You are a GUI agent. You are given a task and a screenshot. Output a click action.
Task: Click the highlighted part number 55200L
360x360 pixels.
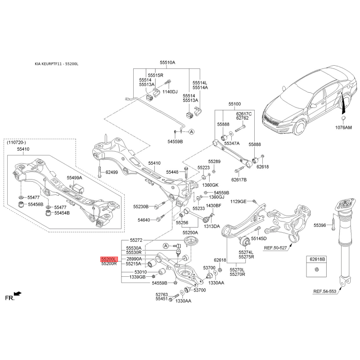(x=109, y=259)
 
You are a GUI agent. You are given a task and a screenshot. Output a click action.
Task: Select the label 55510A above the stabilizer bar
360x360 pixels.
(x=167, y=63)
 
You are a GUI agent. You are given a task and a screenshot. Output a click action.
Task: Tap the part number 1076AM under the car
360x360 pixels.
(x=343, y=127)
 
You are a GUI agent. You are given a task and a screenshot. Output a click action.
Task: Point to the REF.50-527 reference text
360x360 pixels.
(x=275, y=247)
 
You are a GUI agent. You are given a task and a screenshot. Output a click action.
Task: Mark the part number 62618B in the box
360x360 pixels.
(x=317, y=260)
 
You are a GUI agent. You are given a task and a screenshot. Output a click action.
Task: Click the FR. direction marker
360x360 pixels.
(x=9, y=298)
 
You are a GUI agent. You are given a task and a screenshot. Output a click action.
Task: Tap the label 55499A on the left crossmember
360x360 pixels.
(x=75, y=178)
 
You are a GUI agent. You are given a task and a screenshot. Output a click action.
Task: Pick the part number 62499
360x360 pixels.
(x=112, y=172)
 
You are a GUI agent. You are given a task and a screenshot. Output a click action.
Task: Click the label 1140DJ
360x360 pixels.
(x=170, y=92)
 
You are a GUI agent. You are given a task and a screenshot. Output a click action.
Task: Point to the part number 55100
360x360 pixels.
(x=234, y=104)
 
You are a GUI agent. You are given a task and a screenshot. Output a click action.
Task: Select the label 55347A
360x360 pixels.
(x=232, y=143)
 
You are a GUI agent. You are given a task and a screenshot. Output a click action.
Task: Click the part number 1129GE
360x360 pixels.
(x=238, y=202)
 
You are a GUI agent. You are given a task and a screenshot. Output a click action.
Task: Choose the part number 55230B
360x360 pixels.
(x=140, y=207)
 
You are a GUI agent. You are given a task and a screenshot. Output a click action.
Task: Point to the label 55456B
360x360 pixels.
(x=35, y=204)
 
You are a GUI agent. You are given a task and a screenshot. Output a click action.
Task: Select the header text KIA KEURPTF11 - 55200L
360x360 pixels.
(x=57, y=64)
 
